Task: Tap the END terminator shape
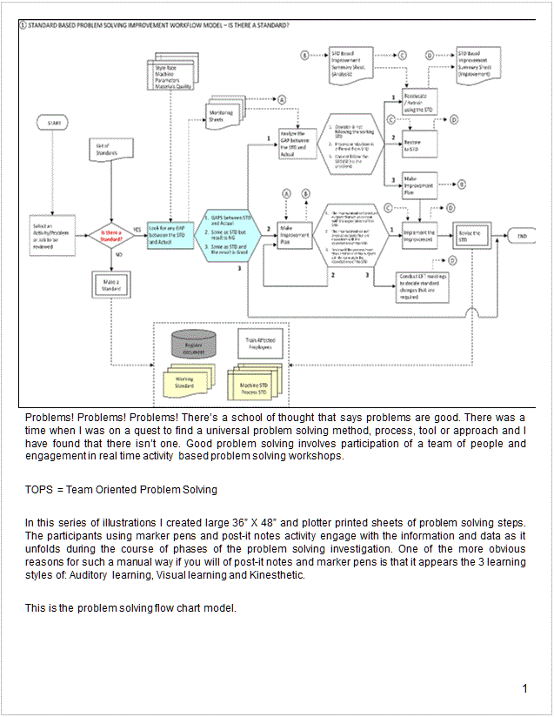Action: click(x=522, y=235)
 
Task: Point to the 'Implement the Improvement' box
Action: click(x=421, y=235)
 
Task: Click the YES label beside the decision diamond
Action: click(x=137, y=230)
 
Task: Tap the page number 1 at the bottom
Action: click(x=525, y=690)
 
